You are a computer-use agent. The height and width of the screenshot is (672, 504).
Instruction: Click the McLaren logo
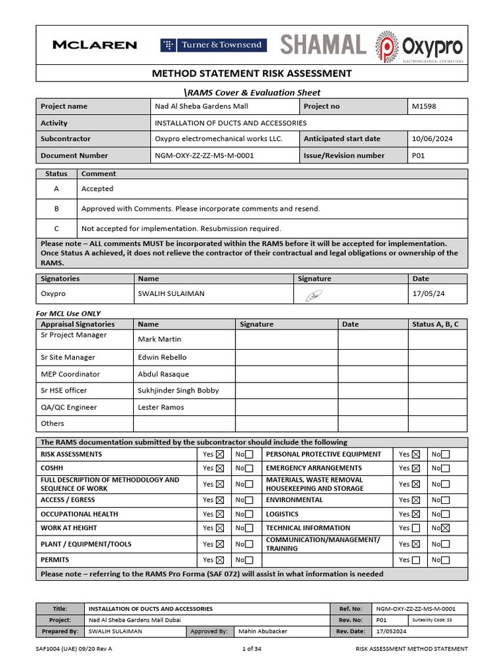coord(94,45)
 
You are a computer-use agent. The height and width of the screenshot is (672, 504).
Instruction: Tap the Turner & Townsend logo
coord(213,45)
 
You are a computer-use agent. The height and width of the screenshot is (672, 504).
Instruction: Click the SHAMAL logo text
coord(323,45)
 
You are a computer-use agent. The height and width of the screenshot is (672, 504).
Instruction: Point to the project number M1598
coord(423,106)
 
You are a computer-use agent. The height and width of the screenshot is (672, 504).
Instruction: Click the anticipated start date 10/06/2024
coord(431,139)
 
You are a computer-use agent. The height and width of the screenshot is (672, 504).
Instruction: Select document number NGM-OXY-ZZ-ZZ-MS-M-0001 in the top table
coord(204,156)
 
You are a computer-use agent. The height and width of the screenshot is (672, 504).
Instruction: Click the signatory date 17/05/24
coord(428,294)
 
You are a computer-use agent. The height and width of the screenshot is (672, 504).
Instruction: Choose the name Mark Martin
coord(159,339)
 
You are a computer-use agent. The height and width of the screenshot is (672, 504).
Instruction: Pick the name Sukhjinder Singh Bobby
coord(178,390)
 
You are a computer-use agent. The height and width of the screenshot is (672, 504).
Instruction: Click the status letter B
coord(56,209)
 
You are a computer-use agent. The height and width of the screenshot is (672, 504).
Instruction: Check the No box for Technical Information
coord(446,528)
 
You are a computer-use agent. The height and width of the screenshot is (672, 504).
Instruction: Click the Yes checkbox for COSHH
coord(220,469)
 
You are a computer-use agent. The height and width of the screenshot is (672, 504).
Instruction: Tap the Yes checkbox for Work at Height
coord(220,528)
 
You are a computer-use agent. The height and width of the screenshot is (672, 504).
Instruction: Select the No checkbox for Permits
coord(249,560)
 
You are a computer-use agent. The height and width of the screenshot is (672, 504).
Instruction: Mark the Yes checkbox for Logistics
coord(416,514)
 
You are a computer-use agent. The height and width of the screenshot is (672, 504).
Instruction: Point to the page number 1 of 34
coord(252,649)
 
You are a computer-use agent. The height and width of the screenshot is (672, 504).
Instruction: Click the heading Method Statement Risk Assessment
coord(252,73)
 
